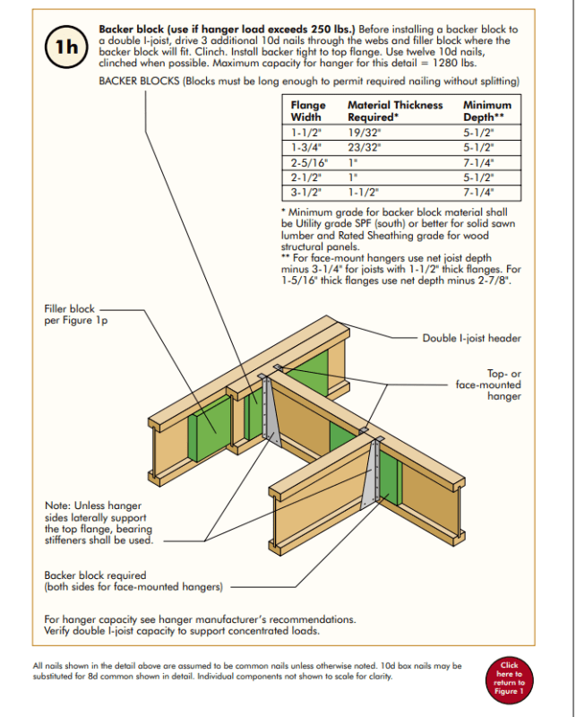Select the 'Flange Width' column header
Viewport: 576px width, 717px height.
coord(307,111)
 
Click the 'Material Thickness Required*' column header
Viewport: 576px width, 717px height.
coord(394,111)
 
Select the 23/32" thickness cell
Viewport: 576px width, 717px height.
coord(364,146)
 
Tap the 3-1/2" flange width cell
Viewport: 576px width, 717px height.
coord(305,193)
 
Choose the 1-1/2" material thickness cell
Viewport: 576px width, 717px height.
coord(364,193)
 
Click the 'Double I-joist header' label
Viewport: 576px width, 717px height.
coord(471,338)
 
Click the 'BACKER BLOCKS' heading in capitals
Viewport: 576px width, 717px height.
coord(140,82)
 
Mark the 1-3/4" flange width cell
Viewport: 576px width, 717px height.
coord(305,146)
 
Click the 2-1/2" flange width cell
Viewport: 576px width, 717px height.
coord(305,177)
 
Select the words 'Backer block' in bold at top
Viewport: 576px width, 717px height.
coord(131,30)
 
